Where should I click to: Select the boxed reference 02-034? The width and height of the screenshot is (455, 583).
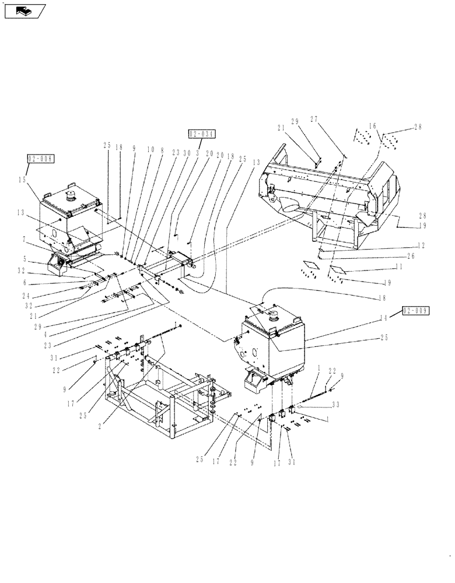(202, 134)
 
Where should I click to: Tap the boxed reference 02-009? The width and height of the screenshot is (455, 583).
(416, 311)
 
